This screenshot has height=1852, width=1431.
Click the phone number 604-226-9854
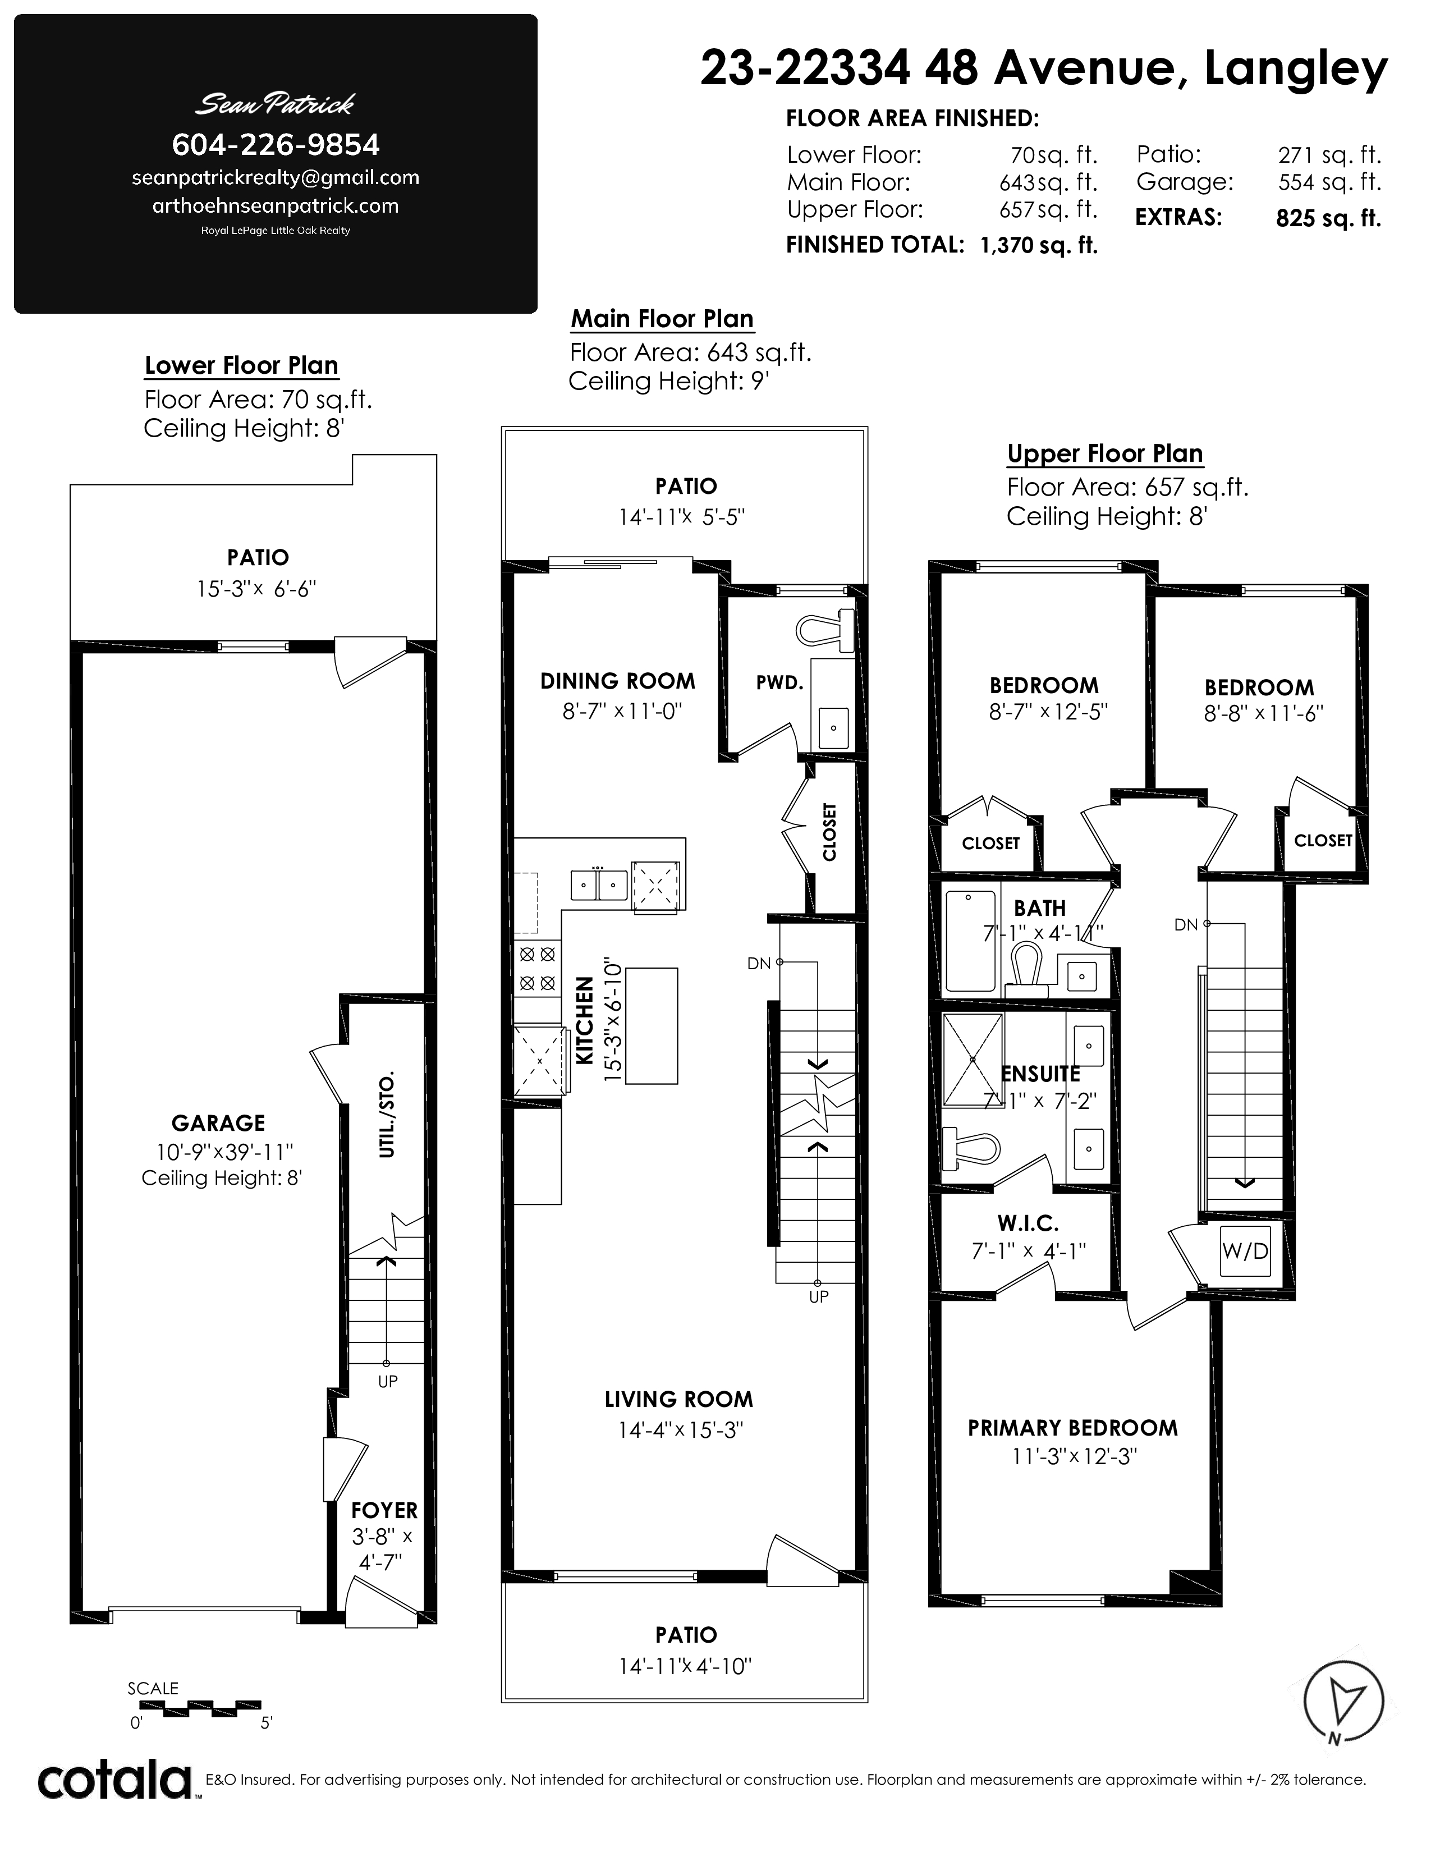coord(276,145)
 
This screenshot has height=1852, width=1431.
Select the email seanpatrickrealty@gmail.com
coord(276,178)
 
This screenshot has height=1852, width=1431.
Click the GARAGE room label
coord(219,1123)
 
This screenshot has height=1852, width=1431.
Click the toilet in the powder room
coord(825,629)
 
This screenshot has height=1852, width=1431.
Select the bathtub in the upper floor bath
coord(971,941)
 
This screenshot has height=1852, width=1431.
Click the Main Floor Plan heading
coord(662,319)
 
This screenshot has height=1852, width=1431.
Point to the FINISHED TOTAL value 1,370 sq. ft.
coord(1039,246)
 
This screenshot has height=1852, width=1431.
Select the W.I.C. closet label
coord(1028,1223)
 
